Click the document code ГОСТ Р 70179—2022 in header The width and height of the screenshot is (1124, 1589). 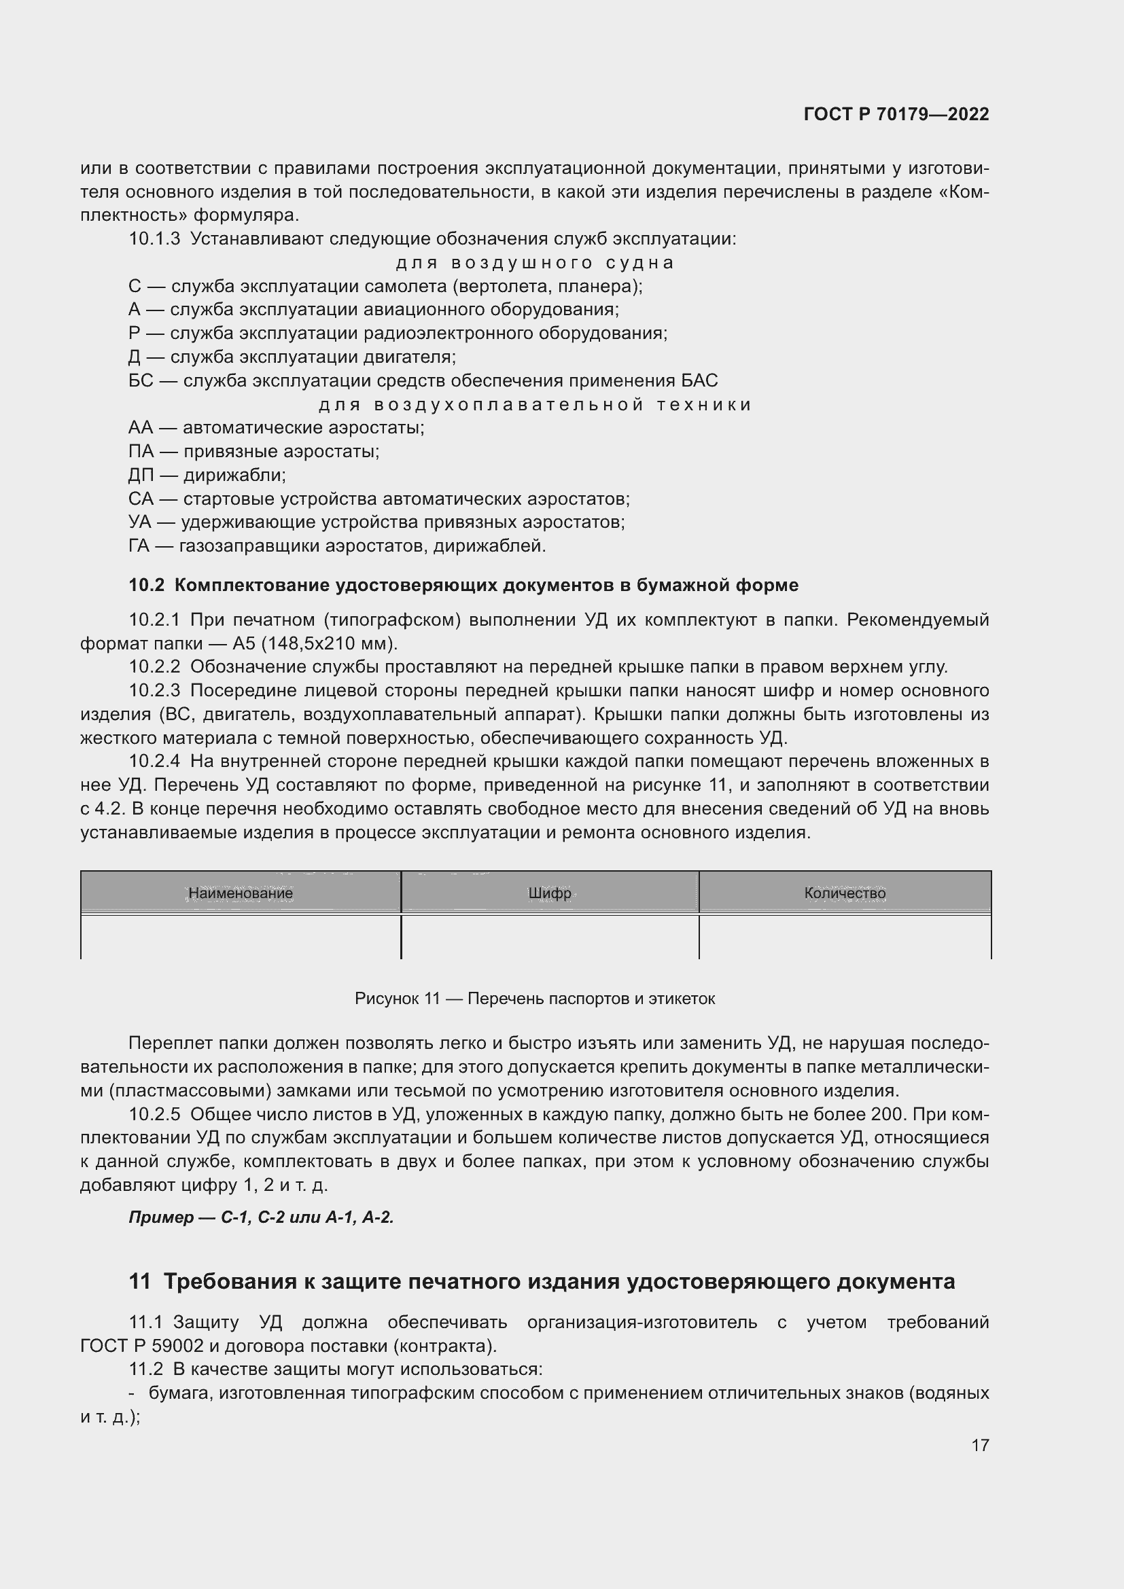(x=896, y=114)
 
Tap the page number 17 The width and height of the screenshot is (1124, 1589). (x=980, y=1445)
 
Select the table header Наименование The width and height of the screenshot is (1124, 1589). (x=240, y=893)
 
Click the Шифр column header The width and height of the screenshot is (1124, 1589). (x=550, y=893)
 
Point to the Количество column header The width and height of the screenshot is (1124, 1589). (x=845, y=893)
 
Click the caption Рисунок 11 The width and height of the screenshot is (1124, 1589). (x=397, y=999)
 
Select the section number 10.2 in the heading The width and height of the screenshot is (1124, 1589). (x=146, y=586)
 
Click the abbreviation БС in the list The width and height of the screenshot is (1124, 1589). (x=141, y=381)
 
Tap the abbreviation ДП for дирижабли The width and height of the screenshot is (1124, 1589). (x=141, y=476)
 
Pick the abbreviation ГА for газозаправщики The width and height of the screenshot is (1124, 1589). (x=139, y=547)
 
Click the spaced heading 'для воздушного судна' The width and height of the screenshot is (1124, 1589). (x=534, y=263)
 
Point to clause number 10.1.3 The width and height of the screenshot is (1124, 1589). (x=154, y=239)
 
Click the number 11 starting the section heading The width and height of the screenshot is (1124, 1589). (x=139, y=1282)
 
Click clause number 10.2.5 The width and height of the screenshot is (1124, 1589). (x=154, y=1115)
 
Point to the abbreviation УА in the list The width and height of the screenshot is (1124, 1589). (x=140, y=522)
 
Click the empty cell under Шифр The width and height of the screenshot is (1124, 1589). (x=550, y=936)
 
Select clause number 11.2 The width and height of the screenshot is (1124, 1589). (x=145, y=1370)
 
